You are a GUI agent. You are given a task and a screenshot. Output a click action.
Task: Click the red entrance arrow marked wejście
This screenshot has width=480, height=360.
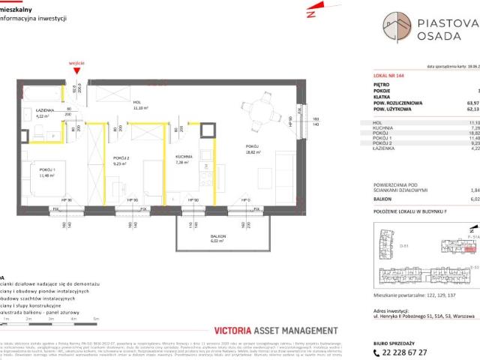[75, 71]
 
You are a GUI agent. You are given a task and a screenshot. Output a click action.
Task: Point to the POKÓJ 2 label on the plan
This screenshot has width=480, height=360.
[121, 158]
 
